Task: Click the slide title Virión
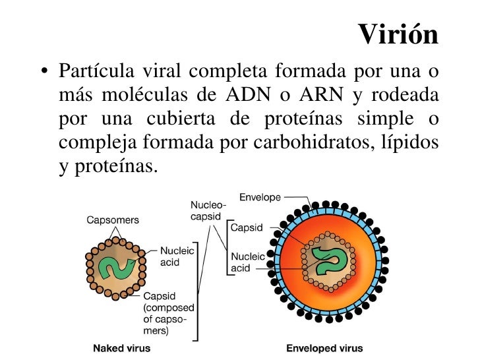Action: pyautogui.click(x=399, y=35)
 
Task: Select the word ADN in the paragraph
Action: pyautogui.click(x=246, y=94)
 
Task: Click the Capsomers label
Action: pyautogui.click(x=113, y=220)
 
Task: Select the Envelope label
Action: pyautogui.click(x=260, y=197)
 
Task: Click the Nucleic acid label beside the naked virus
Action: pyautogui.click(x=177, y=256)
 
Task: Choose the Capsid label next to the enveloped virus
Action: pyautogui.click(x=247, y=227)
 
